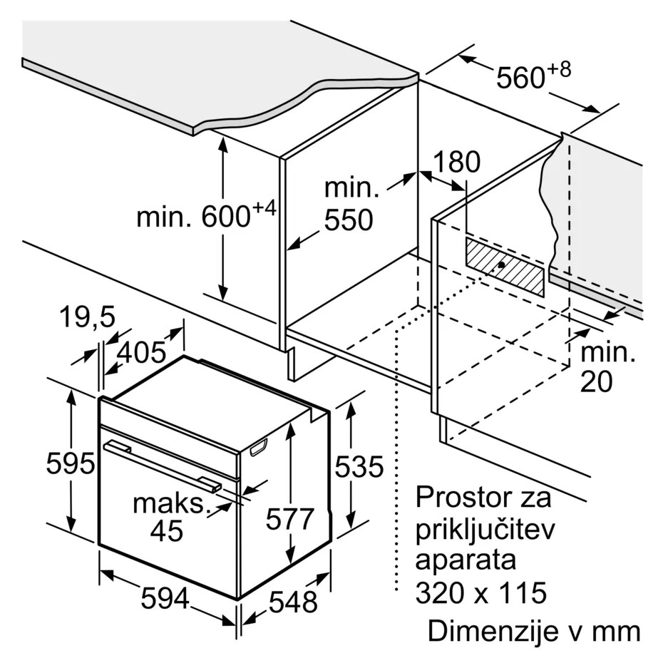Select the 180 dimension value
click(457, 162)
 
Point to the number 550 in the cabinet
click(349, 220)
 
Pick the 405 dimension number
click(142, 352)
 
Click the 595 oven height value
click(70, 463)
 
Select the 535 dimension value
click(359, 467)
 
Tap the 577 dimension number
click(290, 519)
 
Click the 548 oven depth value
click(293, 602)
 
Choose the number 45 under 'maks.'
click(167, 531)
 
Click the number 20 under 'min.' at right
click(596, 382)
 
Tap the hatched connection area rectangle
click(505, 267)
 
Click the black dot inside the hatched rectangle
click(501, 265)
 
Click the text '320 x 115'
click(481, 592)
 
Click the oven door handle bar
click(163, 466)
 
